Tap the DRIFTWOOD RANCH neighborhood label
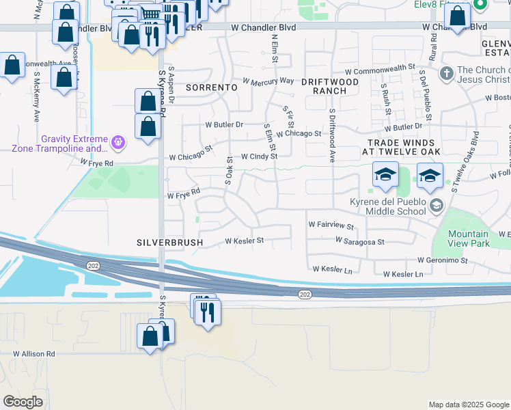335,86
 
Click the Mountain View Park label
469,238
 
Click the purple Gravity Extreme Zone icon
119,143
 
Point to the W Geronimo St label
442,260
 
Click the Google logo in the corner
23,401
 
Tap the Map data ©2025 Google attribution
467,405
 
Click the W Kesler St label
245,241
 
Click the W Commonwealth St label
380,68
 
